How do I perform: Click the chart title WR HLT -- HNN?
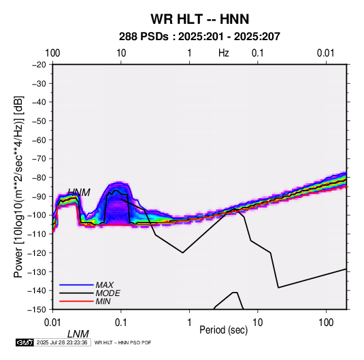click(x=200, y=19)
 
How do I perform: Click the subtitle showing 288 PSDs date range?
click(x=199, y=37)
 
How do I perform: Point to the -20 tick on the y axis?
click(x=39, y=65)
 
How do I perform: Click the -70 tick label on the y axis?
click(x=39, y=159)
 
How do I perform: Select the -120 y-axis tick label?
click(x=37, y=252)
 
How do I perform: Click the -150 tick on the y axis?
click(x=37, y=310)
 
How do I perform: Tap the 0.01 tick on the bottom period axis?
click(x=53, y=323)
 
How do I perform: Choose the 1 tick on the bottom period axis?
click(x=189, y=323)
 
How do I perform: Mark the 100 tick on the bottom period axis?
click(x=326, y=323)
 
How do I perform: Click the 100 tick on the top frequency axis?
click(x=52, y=53)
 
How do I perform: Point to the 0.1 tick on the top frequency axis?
click(x=258, y=53)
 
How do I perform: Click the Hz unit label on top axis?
click(x=224, y=53)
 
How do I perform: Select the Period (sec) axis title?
click(x=224, y=330)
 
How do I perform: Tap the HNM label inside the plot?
click(x=79, y=193)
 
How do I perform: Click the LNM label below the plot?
click(x=78, y=334)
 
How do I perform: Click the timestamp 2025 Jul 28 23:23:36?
click(x=62, y=342)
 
